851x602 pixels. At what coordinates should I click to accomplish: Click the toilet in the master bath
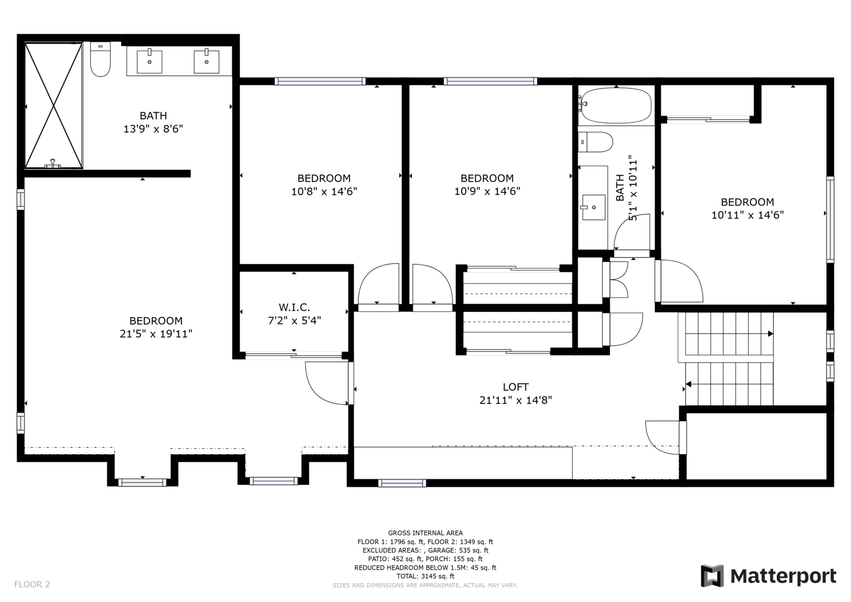(x=100, y=60)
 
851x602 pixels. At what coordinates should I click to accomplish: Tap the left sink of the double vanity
(x=149, y=61)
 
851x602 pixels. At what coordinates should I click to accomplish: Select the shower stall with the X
(x=54, y=105)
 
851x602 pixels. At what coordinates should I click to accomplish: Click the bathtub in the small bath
(x=616, y=105)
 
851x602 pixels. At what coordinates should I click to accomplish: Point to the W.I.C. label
(x=294, y=307)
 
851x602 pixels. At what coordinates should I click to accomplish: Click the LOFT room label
(x=515, y=387)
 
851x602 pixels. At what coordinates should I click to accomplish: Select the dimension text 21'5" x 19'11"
(x=156, y=334)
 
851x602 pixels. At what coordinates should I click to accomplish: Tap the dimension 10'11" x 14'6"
(x=747, y=215)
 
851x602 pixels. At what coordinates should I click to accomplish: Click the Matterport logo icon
(x=712, y=575)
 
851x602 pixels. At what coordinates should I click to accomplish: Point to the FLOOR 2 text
(x=32, y=584)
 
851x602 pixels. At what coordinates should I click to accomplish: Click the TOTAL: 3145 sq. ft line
(x=425, y=576)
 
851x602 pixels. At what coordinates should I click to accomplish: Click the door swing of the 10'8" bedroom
(x=379, y=285)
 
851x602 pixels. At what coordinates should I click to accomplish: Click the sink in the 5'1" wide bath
(x=593, y=207)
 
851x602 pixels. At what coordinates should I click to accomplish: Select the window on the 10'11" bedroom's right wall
(x=830, y=219)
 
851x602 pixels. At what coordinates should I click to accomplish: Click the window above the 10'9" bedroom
(x=490, y=81)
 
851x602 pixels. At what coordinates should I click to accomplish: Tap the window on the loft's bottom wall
(x=402, y=483)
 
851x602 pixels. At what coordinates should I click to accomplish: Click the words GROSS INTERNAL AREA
(x=425, y=533)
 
